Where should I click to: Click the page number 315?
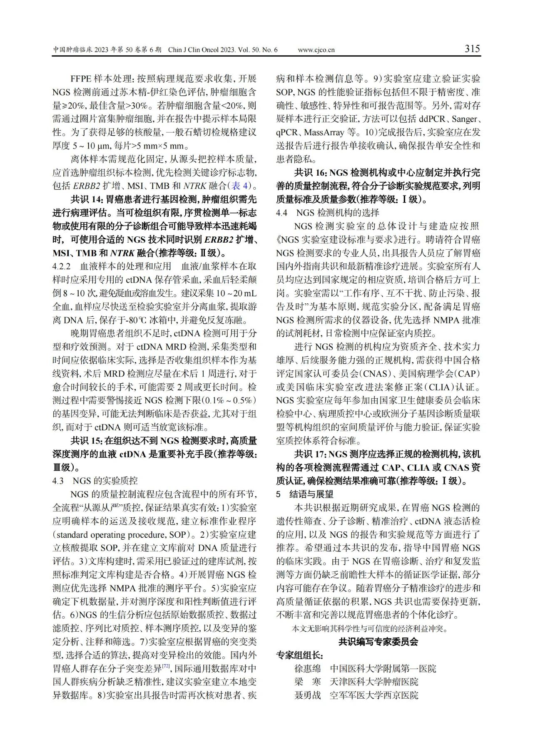[472, 49]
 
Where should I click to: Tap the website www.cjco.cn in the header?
[316, 50]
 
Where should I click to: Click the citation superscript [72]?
[166, 666]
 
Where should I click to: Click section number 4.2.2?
[62, 266]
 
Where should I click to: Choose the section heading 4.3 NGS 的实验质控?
[95, 481]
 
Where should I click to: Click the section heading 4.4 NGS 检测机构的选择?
[327, 213]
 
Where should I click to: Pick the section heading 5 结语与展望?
[305, 494]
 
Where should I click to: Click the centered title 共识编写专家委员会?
[378, 642]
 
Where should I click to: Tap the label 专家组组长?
[299, 655]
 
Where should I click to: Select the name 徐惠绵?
[308, 669]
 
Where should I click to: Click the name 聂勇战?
[308, 695]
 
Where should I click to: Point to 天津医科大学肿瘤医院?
[374, 682]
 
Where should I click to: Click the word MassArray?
[324, 132]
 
